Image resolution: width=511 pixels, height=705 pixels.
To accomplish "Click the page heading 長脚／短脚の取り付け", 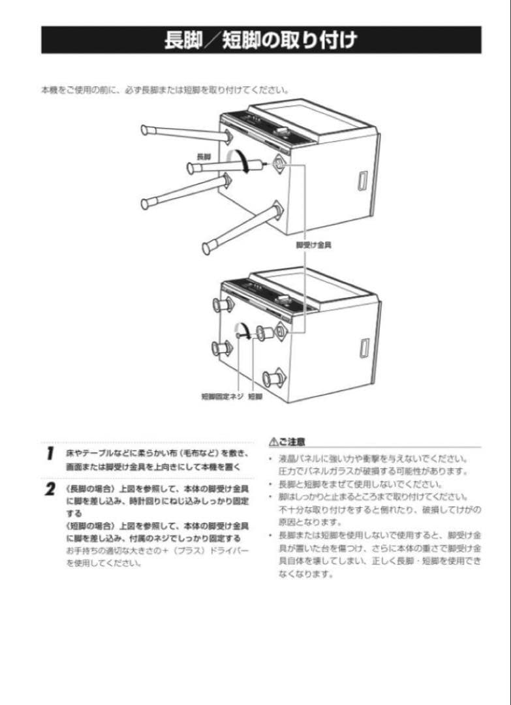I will pyautogui.click(x=260, y=40).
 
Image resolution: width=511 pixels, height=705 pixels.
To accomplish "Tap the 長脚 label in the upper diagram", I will pyautogui.click(x=204, y=157).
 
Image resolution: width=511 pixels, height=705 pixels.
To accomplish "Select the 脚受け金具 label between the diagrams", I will pyautogui.click(x=313, y=245).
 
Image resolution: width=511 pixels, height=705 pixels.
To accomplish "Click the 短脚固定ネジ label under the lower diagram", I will pyautogui.click(x=222, y=396).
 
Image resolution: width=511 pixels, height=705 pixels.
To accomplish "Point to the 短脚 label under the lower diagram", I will pyautogui.click(x=255, y=396).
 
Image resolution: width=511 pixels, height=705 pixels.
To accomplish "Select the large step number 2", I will pyautogui.click(x=50, y=490).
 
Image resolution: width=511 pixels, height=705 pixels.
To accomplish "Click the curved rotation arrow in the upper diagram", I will pyautogui.click(x=243, y=160).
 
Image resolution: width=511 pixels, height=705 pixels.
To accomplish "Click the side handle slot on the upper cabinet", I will pyautogui.click(x=363, y=180).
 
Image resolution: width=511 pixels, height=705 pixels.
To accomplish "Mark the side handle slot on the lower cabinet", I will pyautogui.click(x=363, y=347).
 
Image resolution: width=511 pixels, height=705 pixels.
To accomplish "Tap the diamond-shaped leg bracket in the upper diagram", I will pyautogui.click(x=279, y=163).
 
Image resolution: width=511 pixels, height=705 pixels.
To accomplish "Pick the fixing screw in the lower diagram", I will pyautogui.click(x=246, y=334).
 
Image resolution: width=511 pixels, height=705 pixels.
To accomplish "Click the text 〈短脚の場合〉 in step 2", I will pyautogui.click(x=87, y=525).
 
